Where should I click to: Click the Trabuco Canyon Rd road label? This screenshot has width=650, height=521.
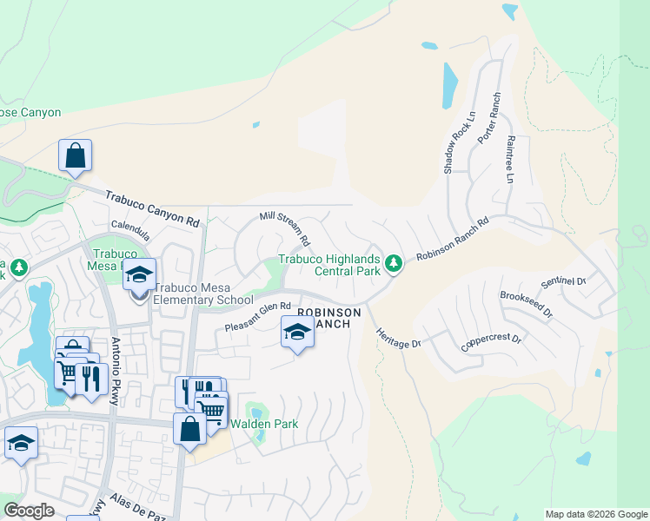tap(152, 209)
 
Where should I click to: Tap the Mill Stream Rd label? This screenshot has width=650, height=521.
tap(284, 225)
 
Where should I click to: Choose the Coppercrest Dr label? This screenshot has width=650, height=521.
tap(491, 338)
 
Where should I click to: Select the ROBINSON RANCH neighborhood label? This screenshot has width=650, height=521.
tap(328, 318)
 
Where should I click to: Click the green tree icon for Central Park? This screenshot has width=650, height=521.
tap(393, 262)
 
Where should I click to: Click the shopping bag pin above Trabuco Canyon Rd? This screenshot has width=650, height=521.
tap(76, 156)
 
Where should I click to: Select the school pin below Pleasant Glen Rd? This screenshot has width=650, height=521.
tap(297, 332)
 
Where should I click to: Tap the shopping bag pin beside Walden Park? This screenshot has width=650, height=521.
tap(189, 429)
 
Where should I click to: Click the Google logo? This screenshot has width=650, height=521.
tap(29, 511)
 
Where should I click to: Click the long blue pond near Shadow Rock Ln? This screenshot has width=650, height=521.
tap(449, 85)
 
